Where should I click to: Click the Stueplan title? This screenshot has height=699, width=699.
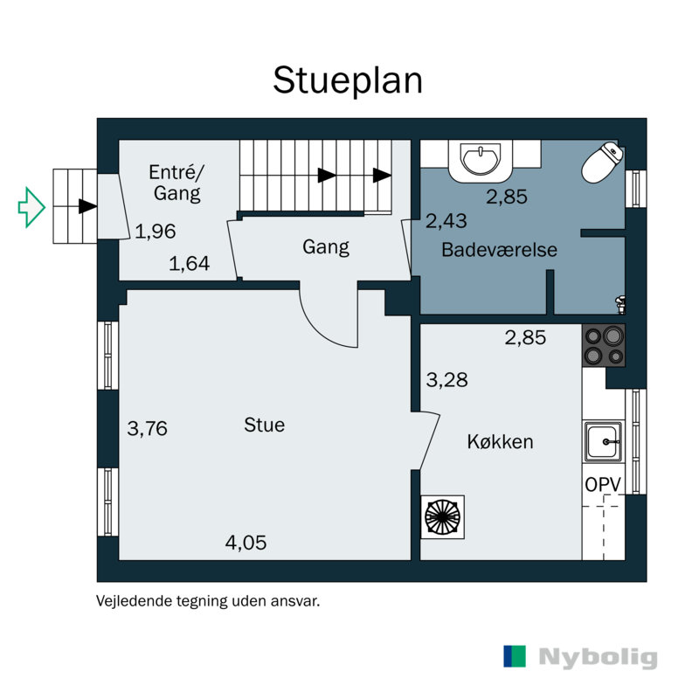click(348, 81)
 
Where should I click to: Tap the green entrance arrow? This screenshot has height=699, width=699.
click(31, 207)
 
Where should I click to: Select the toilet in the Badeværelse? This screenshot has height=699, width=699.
click(602, 163)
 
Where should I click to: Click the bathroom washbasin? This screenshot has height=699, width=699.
click(481, 161)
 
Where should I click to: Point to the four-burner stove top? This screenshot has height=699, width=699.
click(604, 346)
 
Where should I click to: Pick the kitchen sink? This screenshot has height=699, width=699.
click(604, 441)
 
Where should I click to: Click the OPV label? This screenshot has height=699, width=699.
click(603, 485)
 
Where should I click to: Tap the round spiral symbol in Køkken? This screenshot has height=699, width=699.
click(443, 517)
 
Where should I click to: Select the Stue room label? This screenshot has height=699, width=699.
click(265, 425)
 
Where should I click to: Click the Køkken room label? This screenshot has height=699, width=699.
click(500, 442)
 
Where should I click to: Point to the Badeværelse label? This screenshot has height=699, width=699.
click(499, 250)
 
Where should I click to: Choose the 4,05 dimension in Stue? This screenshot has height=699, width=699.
click(246, 543)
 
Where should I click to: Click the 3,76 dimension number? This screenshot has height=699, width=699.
click(148, 428)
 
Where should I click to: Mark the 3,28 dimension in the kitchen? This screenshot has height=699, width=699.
click(447, 380)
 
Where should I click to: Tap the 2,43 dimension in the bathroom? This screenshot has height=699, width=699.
click(446, 221)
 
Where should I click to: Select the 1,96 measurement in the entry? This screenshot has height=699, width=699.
click(156, 232)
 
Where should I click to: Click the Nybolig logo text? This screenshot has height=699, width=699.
click(599, 658)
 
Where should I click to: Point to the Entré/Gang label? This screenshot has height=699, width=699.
click(177, 183)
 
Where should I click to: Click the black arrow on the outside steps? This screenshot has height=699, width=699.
click(88, 206)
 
